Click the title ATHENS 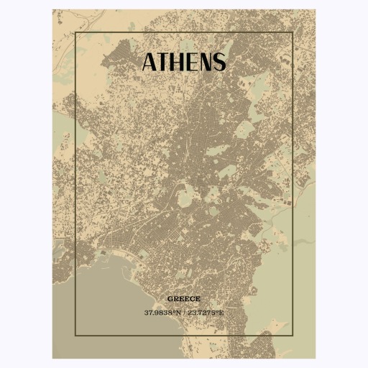[x=184, y=63]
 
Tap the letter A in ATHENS [x=149, y=63]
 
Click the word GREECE [x=184, y=298]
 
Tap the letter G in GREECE [x=170, y=298]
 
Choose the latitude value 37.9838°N [x=162, y=313]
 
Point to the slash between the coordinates [x=184, y=313]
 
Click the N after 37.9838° [x=178, y=313]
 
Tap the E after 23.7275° [x=222, y=313]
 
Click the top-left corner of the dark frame [x=75, y=32]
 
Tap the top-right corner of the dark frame [x=293, y=32]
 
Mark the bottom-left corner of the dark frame [x=75, y=336]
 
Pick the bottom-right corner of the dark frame [x=293, y=336]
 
